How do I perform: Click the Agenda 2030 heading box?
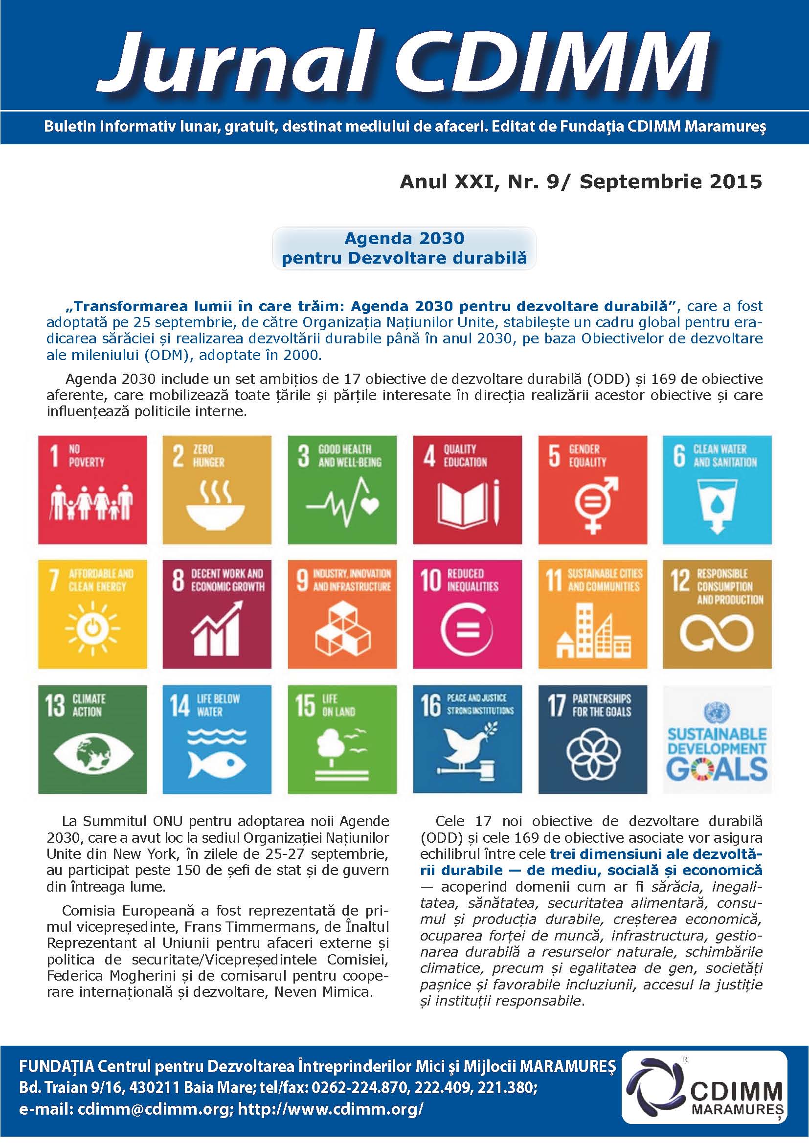404,248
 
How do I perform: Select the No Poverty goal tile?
92,490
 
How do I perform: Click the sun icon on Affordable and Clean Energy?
92,628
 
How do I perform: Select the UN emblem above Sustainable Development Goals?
717,713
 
